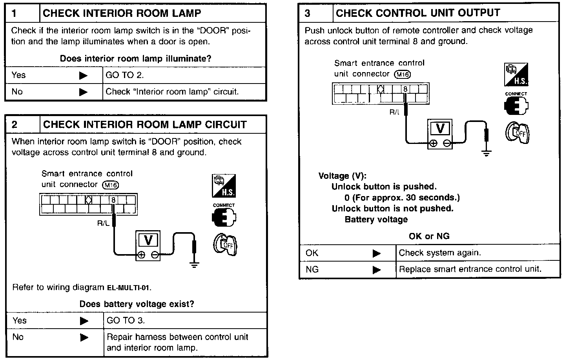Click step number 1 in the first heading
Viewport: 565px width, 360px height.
tap(14, 14)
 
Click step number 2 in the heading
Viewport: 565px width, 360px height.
tap(15, 125)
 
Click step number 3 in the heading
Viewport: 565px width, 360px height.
tap(307, 13)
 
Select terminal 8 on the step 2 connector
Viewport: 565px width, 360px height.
tap(113, 200)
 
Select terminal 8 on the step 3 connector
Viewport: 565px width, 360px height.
tap(406, 89)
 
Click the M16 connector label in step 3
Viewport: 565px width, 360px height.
tap(403, 74)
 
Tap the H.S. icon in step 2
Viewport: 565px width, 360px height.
tap(224, 185)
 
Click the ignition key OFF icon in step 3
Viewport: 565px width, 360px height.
tap(517, 133)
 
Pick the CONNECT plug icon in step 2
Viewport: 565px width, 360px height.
tap(224, 216)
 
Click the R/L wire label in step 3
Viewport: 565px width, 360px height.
tap(395, 112)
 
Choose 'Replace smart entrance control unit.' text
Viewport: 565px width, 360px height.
tap(470, 269)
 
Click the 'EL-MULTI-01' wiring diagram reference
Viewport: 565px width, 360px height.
tap(129, 288)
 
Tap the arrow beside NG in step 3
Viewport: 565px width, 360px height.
tap(377, 270)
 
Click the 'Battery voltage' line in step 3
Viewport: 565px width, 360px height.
tap(376, 220)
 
